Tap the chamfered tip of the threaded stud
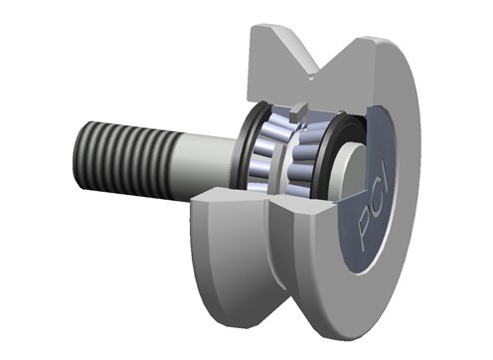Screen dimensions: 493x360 (78, 155)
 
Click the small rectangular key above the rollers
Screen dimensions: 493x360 (297, 112)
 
